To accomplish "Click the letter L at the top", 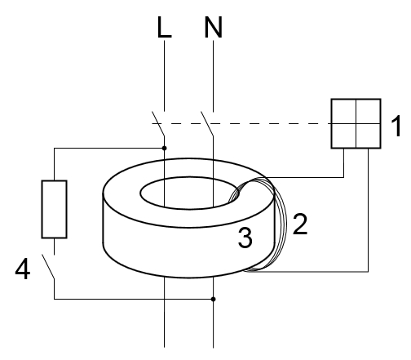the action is tap(164, 27).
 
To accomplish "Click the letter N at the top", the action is tap(214, 27).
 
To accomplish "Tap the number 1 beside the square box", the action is tap(396, 126).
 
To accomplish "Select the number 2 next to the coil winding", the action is tap(300, 224).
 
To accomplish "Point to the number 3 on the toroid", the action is tap(245, 238).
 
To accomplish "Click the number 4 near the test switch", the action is tap(23, 269).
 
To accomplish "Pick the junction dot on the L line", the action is tap(164, 148).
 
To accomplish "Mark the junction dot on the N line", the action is tap(214, 299).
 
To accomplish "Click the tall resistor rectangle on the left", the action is tap(54, 209).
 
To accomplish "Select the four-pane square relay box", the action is tap(356, 123).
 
